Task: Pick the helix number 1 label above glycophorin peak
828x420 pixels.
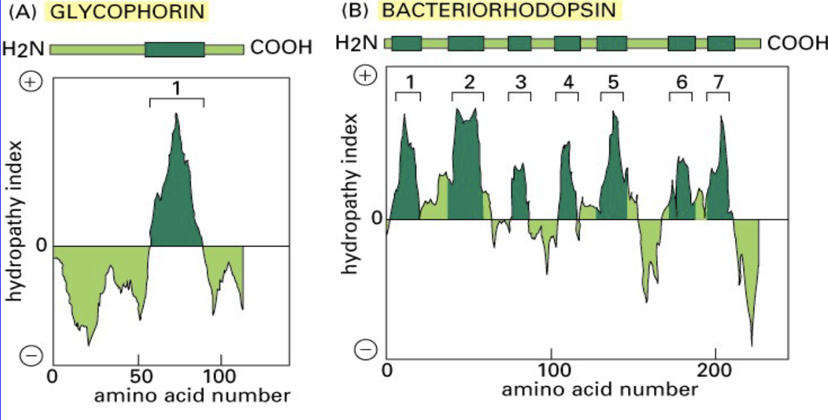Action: click(x=177, y=87)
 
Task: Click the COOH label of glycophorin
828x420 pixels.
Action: click(x=278, y=49)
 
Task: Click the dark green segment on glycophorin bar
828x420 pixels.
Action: click(x=175, y=49)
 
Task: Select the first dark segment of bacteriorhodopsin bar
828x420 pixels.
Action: click(x=407, y=44)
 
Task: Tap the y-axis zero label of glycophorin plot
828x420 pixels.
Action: click(x=41, y=246)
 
